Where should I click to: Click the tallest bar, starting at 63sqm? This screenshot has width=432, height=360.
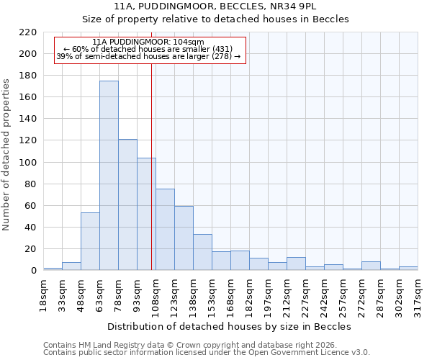click(x=109, y=176)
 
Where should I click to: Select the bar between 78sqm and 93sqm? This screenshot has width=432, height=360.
click(x=127, y=204)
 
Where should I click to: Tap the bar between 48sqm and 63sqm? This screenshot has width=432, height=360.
click(x=90, y=241)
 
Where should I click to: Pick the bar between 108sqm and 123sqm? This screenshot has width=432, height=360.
click(x=165, y=230)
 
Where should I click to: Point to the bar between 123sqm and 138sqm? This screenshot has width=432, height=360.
click(x=184, y=238)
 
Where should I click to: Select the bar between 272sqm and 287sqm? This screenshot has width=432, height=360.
click(x=371, y=266)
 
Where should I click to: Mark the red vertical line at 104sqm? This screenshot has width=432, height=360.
click(x=151, y=180)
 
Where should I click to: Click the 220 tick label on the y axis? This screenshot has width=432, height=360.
click(x=28, y=32)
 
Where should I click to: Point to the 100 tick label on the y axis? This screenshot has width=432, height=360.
click(x=28, y=163)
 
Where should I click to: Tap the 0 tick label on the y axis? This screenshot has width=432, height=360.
click(x=34, y=271)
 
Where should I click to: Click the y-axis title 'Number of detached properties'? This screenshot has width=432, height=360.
click(x=7, y=155)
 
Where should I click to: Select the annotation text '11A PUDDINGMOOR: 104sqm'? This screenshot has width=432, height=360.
click(x=148, y=42)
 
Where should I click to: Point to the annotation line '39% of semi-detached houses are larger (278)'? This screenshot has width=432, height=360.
click(x=148, y=56)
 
